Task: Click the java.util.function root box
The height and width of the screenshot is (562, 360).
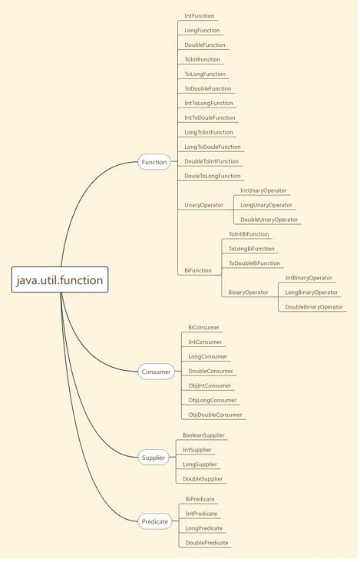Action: pyautogui.click(x=60, y=279)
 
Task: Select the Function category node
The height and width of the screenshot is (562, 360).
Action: pyautogui.click(x=154, y=162)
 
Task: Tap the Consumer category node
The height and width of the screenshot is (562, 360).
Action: pyautogui.click(x=156, y=372)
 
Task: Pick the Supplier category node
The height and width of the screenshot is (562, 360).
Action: pyautogui.click(x=154, y=458)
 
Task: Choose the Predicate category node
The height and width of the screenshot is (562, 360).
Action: pyautogui.click(x=155, y=521)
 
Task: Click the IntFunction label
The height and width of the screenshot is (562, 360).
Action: pyautogui.click(x=199, y=16)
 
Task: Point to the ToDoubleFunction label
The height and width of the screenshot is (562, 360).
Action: pyautogui.click(x=208, y=88)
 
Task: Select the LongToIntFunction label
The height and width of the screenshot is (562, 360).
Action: pyautogui.click(x=209, y=132)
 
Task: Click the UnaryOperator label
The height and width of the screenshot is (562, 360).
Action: pyautogui.click(x=204, y=205)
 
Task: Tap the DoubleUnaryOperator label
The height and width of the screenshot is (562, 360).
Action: pyautogui.click(x=269, y=220)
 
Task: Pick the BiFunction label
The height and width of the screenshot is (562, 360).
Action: pyautogui.click(x=198, y=270)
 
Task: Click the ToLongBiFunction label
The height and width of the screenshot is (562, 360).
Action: pyautogui.click(x=252, y=249)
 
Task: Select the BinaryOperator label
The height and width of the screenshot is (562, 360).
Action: pyautogui.click(x=248, y=293)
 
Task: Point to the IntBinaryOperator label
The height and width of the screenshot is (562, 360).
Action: pyautogui.click(x=309, y=278)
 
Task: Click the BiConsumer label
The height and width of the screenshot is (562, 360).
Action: pyautogui.click(x=203, y=328)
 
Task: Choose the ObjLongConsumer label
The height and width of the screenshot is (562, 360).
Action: pyautogui.click(x=212, y=400)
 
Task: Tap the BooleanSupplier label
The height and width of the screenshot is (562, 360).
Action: pyautogui.click(x=203, y=435)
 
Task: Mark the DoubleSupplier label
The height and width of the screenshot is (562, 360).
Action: pyautogui.click(x=203, y=479)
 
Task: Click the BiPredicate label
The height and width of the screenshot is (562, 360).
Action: pyautogui.click(x=200, y=499)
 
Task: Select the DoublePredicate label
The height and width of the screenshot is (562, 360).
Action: pyautogui.click(x=206, y=543)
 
